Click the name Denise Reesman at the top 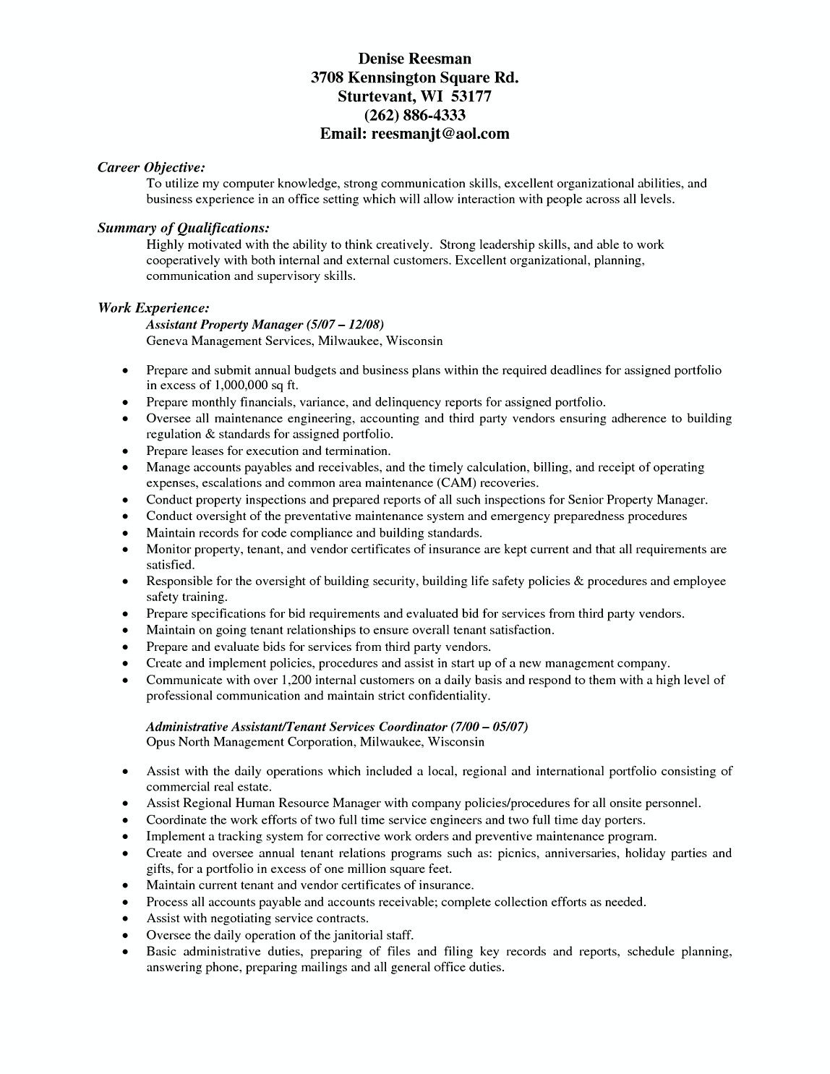414,59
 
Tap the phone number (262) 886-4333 414,115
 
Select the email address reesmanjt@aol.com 440,134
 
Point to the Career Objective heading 152,167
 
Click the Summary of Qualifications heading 184,229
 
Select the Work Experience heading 154,308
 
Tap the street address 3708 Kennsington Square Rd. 414,77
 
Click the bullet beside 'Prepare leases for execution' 126,451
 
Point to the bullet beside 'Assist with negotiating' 126,919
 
